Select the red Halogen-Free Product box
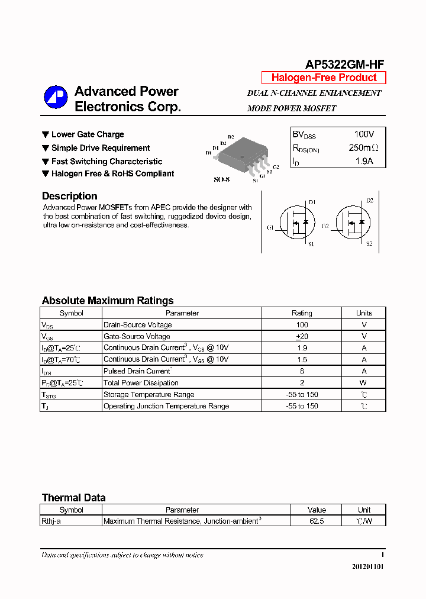coord(324,78)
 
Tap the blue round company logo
coord(56,98)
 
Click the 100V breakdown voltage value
coord(364,134)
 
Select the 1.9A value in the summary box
coord(364,161)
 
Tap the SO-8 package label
coord(221,179)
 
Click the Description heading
coord(69,196)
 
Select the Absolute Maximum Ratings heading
coord(108,301)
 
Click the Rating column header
coord(302,313)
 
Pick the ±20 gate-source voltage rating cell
coord(302,336)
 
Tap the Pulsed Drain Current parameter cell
coord(137,371)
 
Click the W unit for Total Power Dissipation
coord(364,383)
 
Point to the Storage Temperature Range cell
coord(149,394)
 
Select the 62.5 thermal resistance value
coord(317,521)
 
